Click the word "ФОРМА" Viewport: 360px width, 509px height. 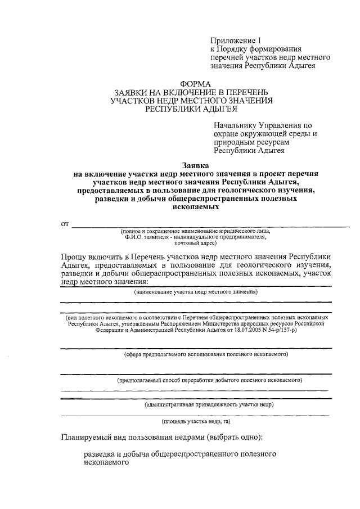pos(195,83)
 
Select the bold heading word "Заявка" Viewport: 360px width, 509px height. pos(195,165)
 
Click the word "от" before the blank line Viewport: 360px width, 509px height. pos(65,224)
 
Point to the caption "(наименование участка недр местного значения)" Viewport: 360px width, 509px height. pos(196,292)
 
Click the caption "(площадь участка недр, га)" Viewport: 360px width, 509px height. pos(196,421)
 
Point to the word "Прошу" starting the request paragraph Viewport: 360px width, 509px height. pos(76,257)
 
